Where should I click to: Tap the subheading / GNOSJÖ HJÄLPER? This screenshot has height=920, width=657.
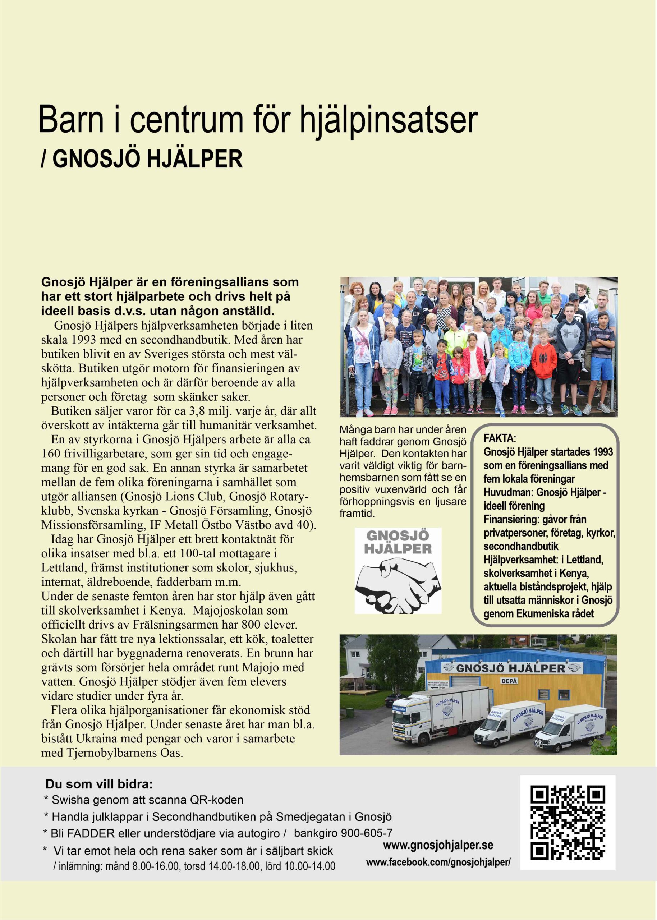(142, 160)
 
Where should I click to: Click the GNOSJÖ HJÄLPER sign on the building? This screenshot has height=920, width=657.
(511, 668)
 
